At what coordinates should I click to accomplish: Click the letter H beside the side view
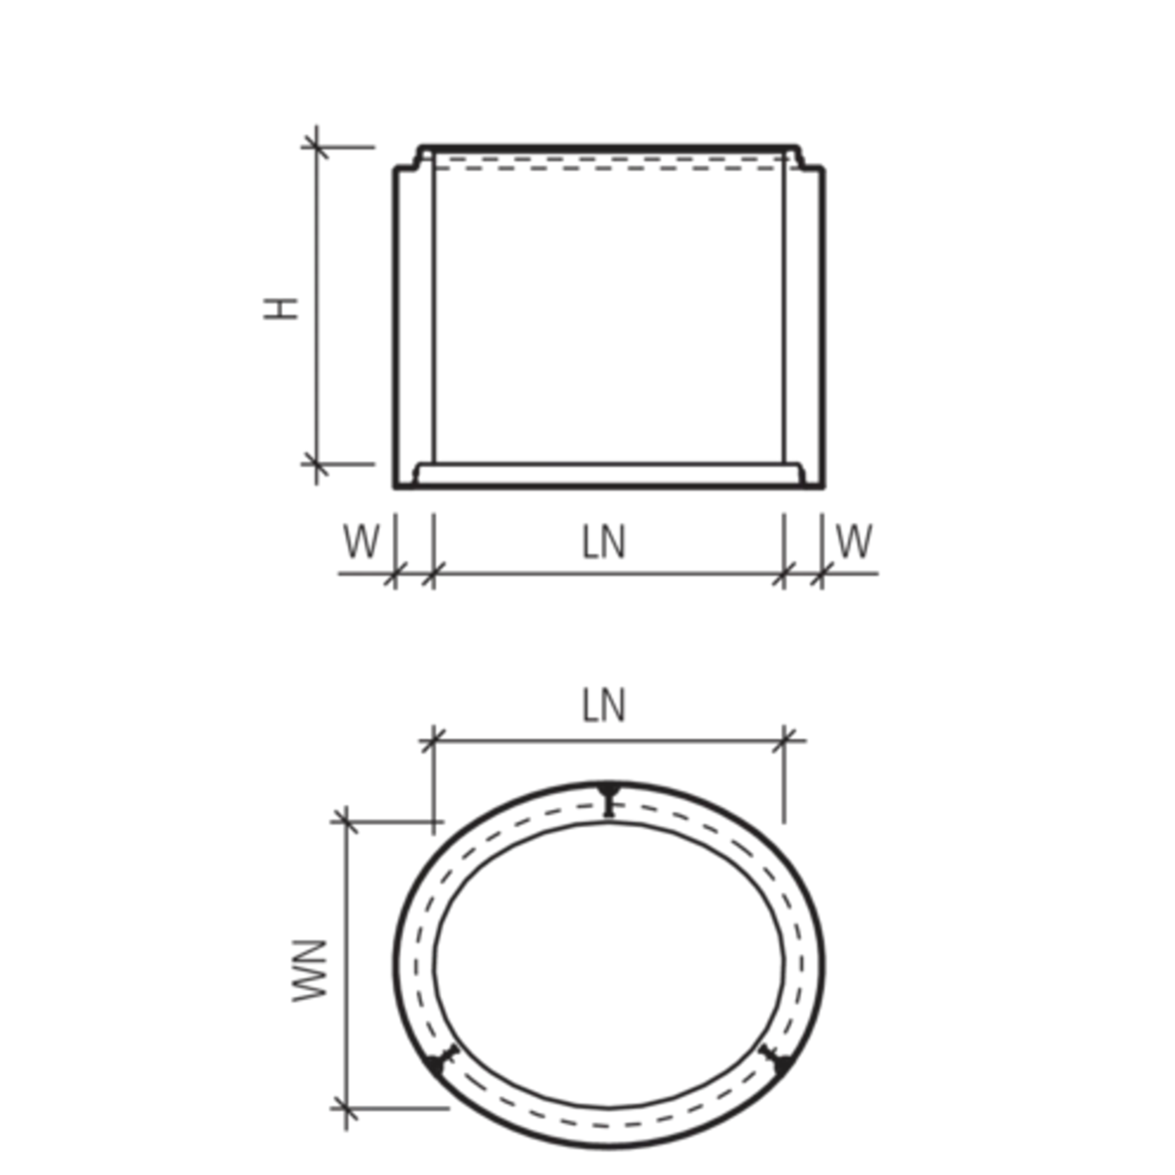tap(288, 310)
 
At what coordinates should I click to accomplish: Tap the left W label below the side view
tap(360, 541)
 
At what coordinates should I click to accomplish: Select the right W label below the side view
tap(856, 541)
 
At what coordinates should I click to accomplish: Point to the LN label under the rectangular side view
tap(603, 542)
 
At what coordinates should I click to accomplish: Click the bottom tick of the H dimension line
tap(316, 464)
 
